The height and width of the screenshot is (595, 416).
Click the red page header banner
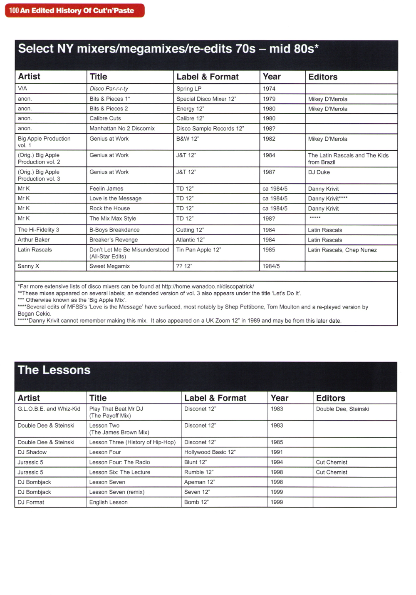(x=74, y=10)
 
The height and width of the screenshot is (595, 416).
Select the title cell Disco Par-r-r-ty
(x=109, y=89)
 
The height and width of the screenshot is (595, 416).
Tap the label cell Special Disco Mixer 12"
(x=206, y=99)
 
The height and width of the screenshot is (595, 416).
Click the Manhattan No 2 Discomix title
(x=122, y=129)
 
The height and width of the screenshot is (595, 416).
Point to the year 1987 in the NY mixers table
(x=269, y=172)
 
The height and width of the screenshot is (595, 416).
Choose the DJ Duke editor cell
(x=319, y=172)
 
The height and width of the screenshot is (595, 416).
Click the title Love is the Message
(x=115, y=199)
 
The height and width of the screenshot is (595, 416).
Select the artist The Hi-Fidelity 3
(x=38, y=230)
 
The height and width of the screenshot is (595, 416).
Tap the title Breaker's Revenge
(x=114, y=240)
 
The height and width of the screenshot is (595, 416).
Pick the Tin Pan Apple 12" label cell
(x=198, y=250)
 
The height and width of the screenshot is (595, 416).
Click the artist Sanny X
(x=28, y=266)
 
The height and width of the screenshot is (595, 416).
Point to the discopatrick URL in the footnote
(x=208, y=286)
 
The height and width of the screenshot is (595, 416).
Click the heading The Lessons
(x=54, y=370)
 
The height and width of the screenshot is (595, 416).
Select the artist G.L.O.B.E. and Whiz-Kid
(x=49, y=409)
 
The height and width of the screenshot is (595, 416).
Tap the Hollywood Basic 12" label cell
(x=210, y=452)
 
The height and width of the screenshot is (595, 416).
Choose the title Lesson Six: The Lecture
(x=120, y=472)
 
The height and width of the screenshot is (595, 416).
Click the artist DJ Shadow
(x=32, y=452)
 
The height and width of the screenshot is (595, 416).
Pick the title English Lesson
(x=108, y=503)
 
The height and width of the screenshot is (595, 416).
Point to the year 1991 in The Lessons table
(x=277, y=452)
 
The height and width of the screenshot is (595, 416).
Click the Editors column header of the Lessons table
(x=331, y=398)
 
